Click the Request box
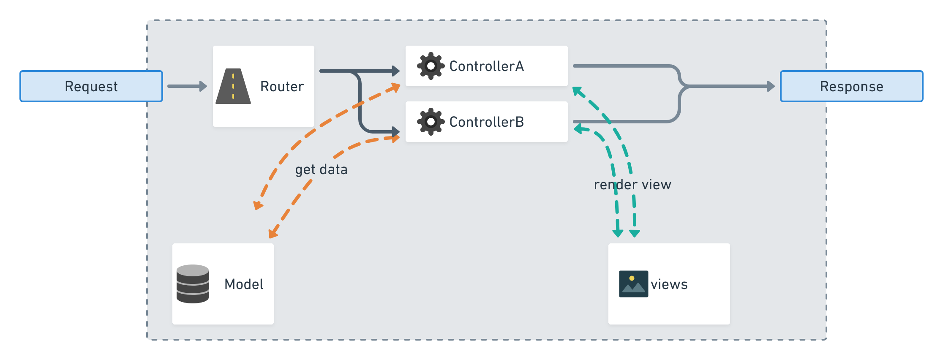coord(91,86)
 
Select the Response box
coord(851,86)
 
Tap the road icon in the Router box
coord(233,86)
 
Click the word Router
coord(282,86)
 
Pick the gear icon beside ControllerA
coord(431,66)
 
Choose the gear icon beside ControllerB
coord(431,122)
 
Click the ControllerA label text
coord(486,66)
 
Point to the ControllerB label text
coord(486,122)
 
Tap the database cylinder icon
coord(193,284)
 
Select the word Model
coord(244,284)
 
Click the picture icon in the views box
coord(633,284)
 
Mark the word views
coord(669,284)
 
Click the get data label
coord(321,169)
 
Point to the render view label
coord(632,185)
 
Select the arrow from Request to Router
coord(187,86)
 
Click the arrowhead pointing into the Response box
coord(771,86)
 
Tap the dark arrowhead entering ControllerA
coord(396,71)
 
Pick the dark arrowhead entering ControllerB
coord(396,132)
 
